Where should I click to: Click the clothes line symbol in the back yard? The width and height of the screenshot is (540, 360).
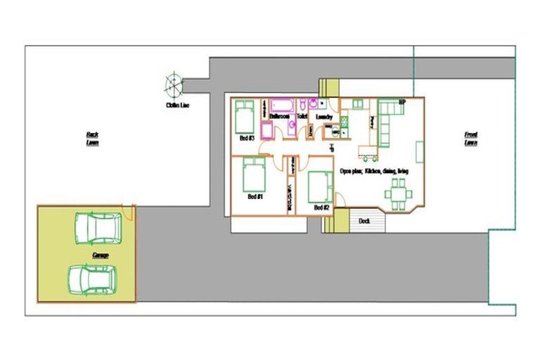pyautogui.click(x=173, y=84)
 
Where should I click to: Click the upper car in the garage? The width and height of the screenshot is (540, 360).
pyautogui.click(x=98, y=228)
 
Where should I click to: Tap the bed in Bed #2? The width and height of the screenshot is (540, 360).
pyautogui.click(x=320, y=187)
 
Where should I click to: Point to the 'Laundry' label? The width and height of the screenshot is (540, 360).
pyautogui.click(x=324, y=117)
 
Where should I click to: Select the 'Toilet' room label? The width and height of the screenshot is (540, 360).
pyautogui.click(x=302, y=117)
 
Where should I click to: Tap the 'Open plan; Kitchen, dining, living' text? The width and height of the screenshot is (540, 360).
pyautogui.click(x=373, y=170)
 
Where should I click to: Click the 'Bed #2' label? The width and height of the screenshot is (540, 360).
pyautogui.click(x=321, y=207)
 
